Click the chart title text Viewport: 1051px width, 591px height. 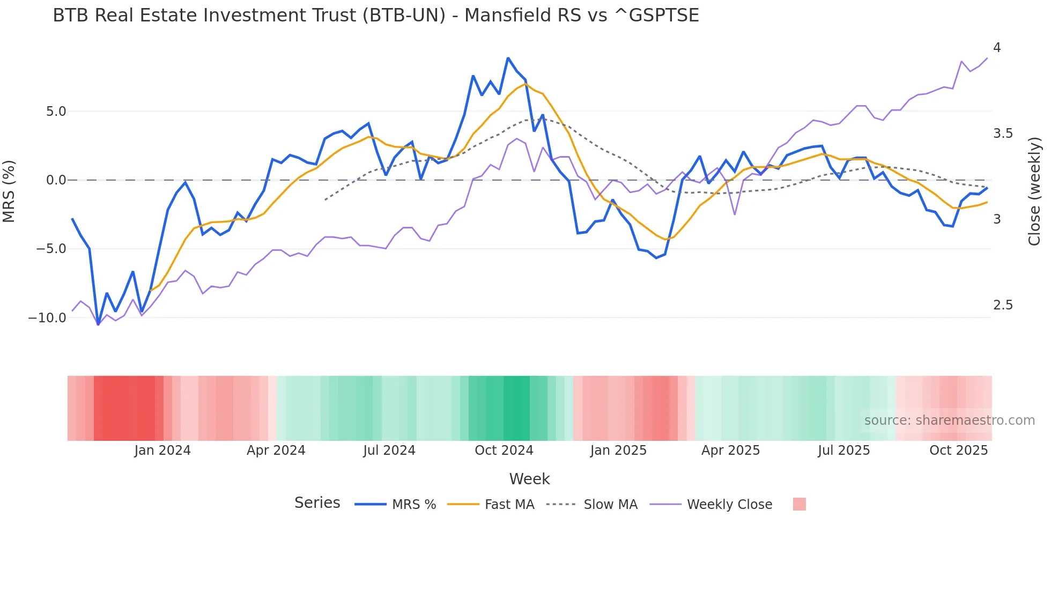coord(375,16)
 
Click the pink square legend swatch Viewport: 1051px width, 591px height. coord(799,504)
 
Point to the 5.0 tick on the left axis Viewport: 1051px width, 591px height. coord(56,112)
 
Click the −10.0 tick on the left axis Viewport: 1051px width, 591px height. coord(47,317)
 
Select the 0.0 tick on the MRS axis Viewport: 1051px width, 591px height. coord(56,180)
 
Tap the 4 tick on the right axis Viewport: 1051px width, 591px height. coord(997,48)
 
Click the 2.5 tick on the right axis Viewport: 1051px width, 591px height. coord(1003,305)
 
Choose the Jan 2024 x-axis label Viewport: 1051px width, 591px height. coord(162,450)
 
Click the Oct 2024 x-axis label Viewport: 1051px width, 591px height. coord(504,450)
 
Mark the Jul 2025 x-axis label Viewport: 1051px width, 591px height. coord(843,450)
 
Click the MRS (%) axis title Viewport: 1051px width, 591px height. coord(9,191)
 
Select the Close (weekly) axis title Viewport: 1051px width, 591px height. coord(1034,191)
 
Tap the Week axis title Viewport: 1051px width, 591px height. coord(529,479)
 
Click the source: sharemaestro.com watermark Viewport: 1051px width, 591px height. coord(949,420)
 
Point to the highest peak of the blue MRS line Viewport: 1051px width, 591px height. coord(508,58)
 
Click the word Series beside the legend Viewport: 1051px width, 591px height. coord(317,503)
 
